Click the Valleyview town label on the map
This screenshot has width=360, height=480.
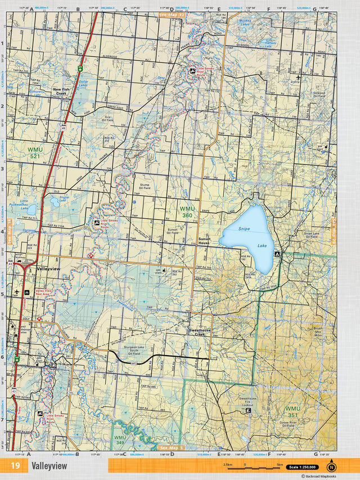(x=48, y=270)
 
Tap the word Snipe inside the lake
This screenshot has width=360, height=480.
(x=244, y=228)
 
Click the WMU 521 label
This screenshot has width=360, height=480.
(x=35, y=152)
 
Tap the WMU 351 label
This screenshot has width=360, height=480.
(x=292, y=411)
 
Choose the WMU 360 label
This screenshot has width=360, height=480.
(x=186, y=212)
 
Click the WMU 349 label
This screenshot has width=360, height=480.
(x=120, y=439)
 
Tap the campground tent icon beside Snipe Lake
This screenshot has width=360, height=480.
(x=277, y=254)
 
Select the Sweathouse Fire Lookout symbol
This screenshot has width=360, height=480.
(x=249, y=411)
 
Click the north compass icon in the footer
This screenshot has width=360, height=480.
(x=331, y=466)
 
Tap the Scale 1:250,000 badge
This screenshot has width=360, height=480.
(x=302, y=467)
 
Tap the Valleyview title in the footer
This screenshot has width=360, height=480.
(x=49, y=466)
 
